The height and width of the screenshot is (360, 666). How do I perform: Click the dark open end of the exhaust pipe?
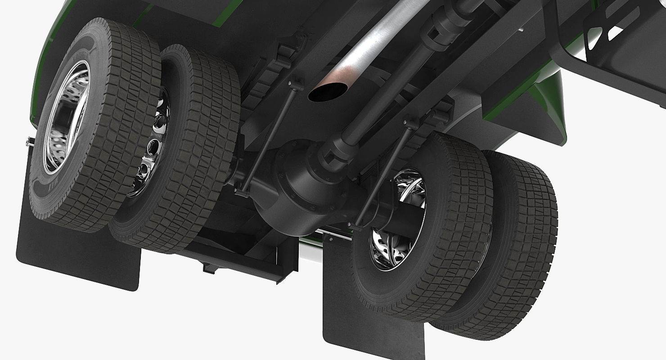(324, 92)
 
